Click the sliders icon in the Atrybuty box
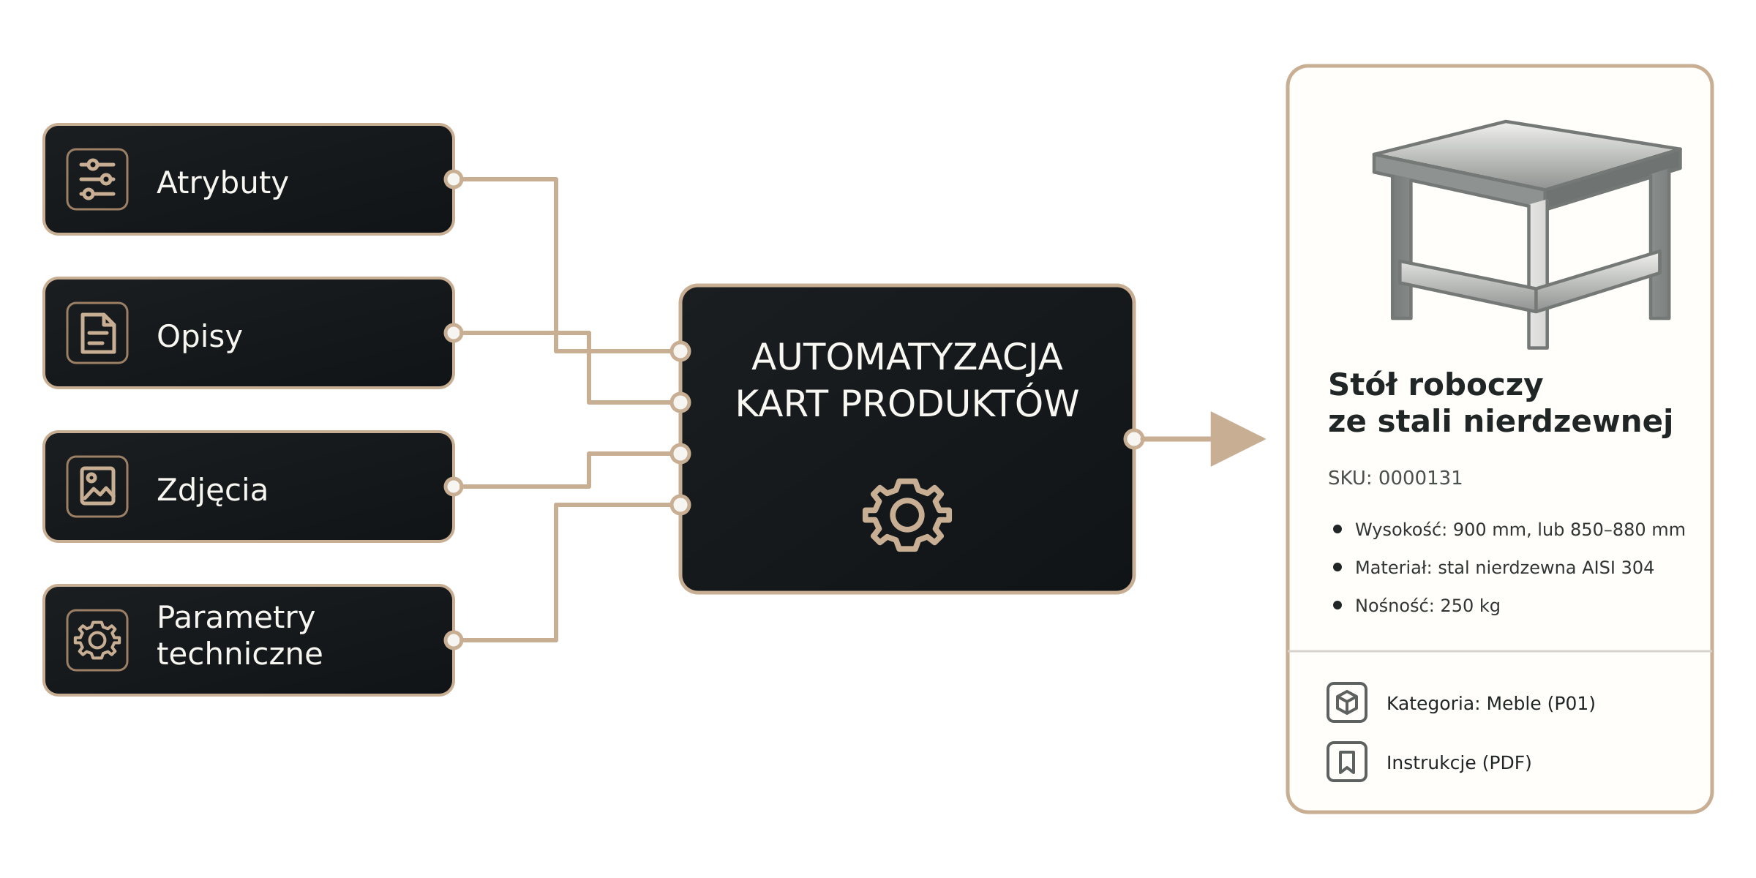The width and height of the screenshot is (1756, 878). click(x=97, y=179)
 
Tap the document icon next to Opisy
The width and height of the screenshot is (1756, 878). click(x=97, y=333)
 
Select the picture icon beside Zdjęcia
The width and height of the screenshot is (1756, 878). click(x=97, y=487)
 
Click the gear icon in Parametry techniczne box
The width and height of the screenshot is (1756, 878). click(x=97, y=640)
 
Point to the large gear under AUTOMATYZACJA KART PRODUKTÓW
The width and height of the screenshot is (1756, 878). click(x=907, y=515)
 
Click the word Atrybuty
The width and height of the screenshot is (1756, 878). click(x=222, y=182)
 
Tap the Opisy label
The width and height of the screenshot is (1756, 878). click(x=199, y=336)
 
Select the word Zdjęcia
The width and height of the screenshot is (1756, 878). click(x=212, y=489)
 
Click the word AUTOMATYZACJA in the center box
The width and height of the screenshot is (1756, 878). click(x=907, y=358)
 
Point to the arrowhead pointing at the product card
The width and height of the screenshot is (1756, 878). click(x=1237, y=439)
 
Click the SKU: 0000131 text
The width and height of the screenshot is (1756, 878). click(x=1395, y=478)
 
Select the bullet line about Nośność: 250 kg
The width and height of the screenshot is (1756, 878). click(x=1418, y=606)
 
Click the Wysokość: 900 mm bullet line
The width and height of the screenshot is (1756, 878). click(x=1509, y=530)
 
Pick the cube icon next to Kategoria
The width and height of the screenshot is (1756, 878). click(x=1347, y=702)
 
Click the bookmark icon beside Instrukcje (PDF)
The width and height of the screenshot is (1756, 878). click(x=1347, y=762)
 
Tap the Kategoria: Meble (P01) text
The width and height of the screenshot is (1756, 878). click(x=1491, y=703)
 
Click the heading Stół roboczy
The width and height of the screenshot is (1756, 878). click(x=1436, y=385)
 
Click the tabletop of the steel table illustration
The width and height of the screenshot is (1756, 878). click(x=1527, y=155)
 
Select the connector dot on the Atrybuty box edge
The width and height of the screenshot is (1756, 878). click(x=454, y=179)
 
